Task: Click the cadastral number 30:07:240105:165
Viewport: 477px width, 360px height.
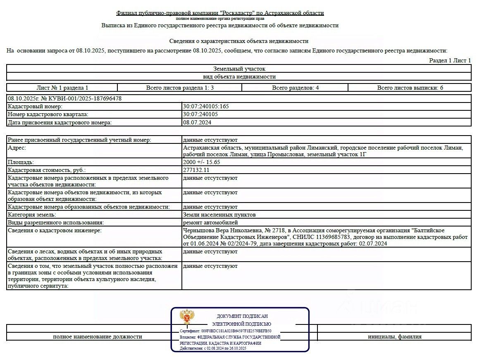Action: [206, 106]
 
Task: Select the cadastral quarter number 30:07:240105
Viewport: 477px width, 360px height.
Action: [200, 114]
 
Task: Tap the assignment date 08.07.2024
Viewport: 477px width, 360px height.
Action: [197, 122]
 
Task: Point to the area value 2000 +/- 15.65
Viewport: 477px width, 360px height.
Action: [202, 162]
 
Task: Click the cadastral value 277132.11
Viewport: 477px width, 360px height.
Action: [196, 170]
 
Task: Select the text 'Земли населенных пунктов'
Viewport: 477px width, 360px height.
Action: [219, 215]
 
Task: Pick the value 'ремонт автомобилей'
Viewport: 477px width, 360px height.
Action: [210, 222]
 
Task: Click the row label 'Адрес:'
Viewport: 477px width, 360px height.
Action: [17, 148]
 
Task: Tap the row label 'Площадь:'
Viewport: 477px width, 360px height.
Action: [21, 162]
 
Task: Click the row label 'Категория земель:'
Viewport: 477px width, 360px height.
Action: [31, 215]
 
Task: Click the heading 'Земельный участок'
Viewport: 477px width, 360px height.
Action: [239, 69]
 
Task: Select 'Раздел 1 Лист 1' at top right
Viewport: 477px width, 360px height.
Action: [450, 60]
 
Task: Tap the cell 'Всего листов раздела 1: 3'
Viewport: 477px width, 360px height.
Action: [180, 88]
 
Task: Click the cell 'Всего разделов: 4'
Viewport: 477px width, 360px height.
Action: [295, 88]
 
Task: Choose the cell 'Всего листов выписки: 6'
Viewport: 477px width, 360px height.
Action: [410, 88]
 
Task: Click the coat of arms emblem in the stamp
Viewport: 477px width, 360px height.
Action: [187, 317]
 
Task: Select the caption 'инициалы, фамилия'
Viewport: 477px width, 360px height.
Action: [394, 336]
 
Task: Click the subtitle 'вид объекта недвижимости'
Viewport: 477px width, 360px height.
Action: [239, 76]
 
